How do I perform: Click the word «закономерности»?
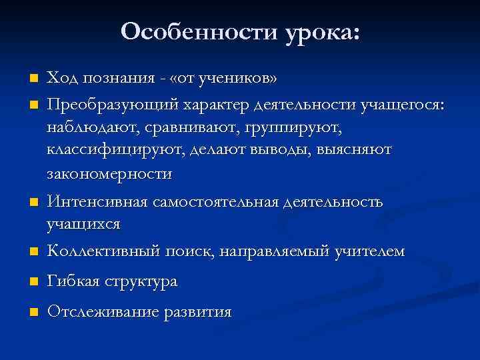click(109, 174)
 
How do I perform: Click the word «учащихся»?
click(83, 224)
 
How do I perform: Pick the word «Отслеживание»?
click(100, 311)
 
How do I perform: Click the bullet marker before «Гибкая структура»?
click(31, 283)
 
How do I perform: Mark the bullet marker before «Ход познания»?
click(31, 79)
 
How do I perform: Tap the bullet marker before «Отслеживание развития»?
click(31, 312)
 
